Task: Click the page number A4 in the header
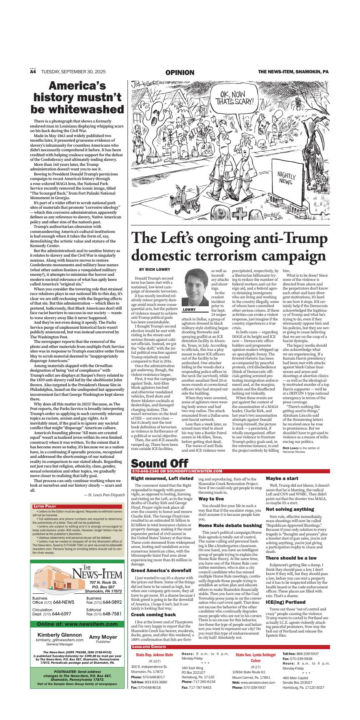(x=33, y=72)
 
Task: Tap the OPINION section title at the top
(x=180, y=72)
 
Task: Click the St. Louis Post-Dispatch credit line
(x=104, y=495)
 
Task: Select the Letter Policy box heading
(x=45, y=506)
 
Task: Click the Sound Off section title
(x=160, y=463)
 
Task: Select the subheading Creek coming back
(x=153, y=615)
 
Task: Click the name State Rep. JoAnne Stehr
(x=154, y=667)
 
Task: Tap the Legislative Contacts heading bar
(x=149, y=658)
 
